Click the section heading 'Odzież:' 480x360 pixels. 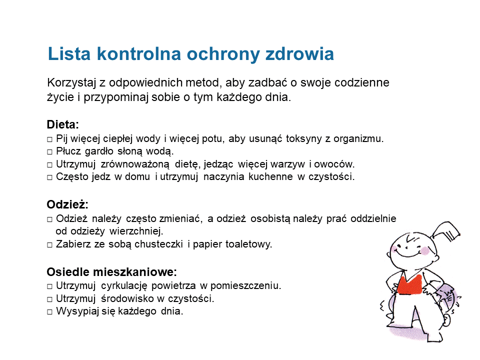pos(67,204)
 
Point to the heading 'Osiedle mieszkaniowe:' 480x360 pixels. pos(112,272)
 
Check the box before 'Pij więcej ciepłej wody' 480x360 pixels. pos(49,139)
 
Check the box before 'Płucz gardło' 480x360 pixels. pos(49,151)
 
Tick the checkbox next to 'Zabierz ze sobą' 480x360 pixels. pos(49,245)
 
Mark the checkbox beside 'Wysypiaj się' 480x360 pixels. pos(49,311)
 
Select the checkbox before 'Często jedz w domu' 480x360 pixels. pos(49,177)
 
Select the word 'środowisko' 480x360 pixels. pos(125,298)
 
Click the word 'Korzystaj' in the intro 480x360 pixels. pos(69,82)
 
